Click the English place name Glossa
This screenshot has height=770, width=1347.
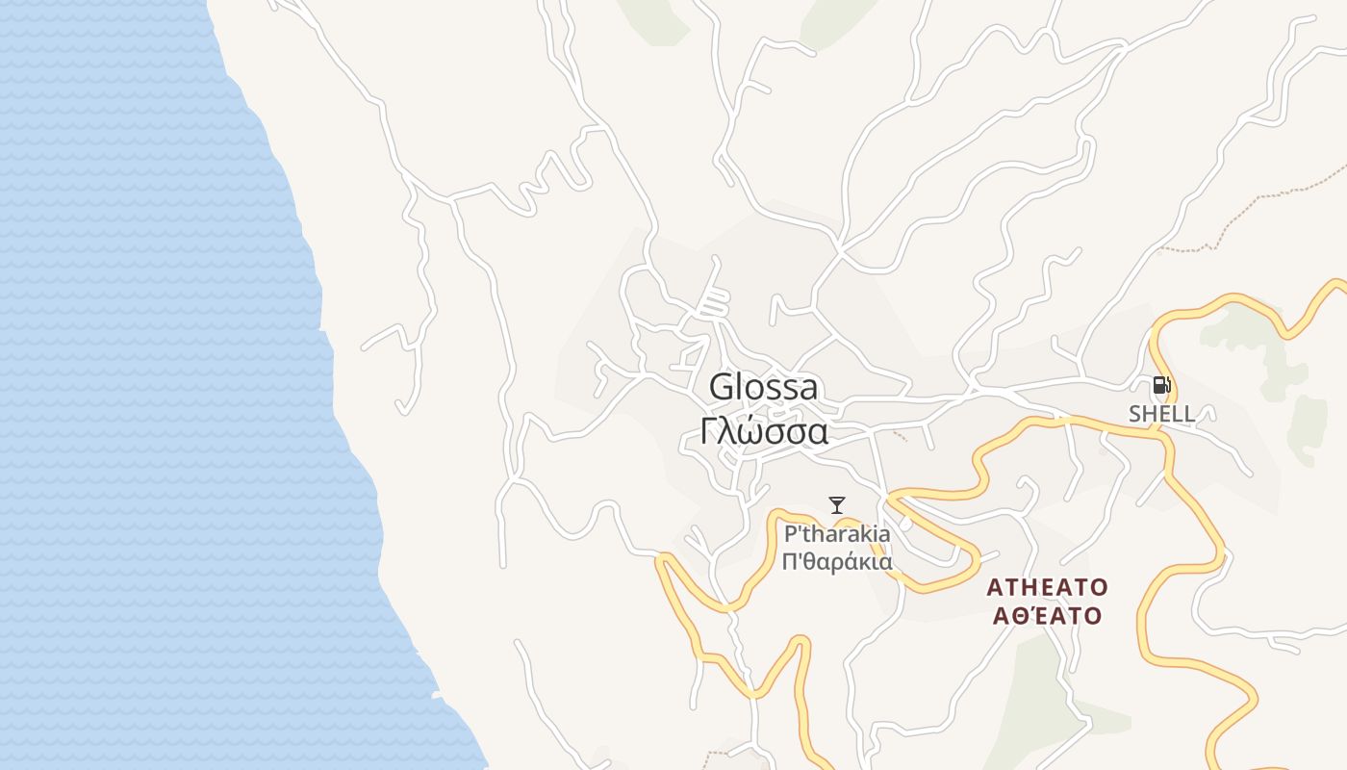click(764, 387)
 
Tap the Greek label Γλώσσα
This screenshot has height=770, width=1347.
click(764, 432)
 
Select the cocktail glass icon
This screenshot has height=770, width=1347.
click(837, 504)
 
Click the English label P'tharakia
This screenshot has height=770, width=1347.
click(837, 534)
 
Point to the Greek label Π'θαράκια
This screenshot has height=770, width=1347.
click(837, 562)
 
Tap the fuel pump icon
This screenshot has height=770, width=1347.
click(1161, 386)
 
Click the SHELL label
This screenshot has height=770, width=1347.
click(1161, 414)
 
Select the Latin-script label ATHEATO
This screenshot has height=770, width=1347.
click(1048, 587)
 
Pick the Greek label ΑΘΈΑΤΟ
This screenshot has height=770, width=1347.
click(1048, 616)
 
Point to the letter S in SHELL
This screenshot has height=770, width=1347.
click(1135, 414)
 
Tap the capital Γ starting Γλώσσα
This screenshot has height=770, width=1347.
click(708, 432)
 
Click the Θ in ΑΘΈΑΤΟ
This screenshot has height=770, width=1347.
click(1015, 616)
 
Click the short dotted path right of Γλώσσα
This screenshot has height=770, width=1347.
click(900, 435)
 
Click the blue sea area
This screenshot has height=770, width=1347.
click(144, 385)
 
